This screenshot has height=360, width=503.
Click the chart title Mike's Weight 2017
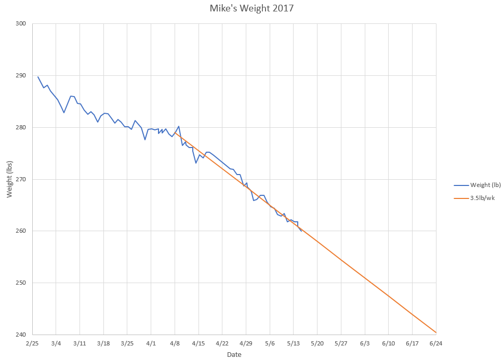tap(251, 8)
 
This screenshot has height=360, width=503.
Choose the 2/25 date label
tap(32, 344)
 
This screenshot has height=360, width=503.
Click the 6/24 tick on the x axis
tap(435, 344)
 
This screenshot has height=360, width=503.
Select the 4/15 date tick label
tap(198, 344)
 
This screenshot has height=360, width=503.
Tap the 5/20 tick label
tap(317, 344)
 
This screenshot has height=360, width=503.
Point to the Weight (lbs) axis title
tap(9, 179)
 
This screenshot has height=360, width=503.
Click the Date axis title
tap(234, 354)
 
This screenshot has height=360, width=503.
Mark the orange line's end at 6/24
tap(435, 332)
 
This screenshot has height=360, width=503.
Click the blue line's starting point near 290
tap(37, 76)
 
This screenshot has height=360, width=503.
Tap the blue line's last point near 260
tap(301, 231)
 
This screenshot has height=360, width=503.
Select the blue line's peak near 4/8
tap(179, 126)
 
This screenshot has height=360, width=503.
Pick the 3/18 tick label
tap(103, 344)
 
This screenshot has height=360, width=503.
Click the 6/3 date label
tap(364, 344)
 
